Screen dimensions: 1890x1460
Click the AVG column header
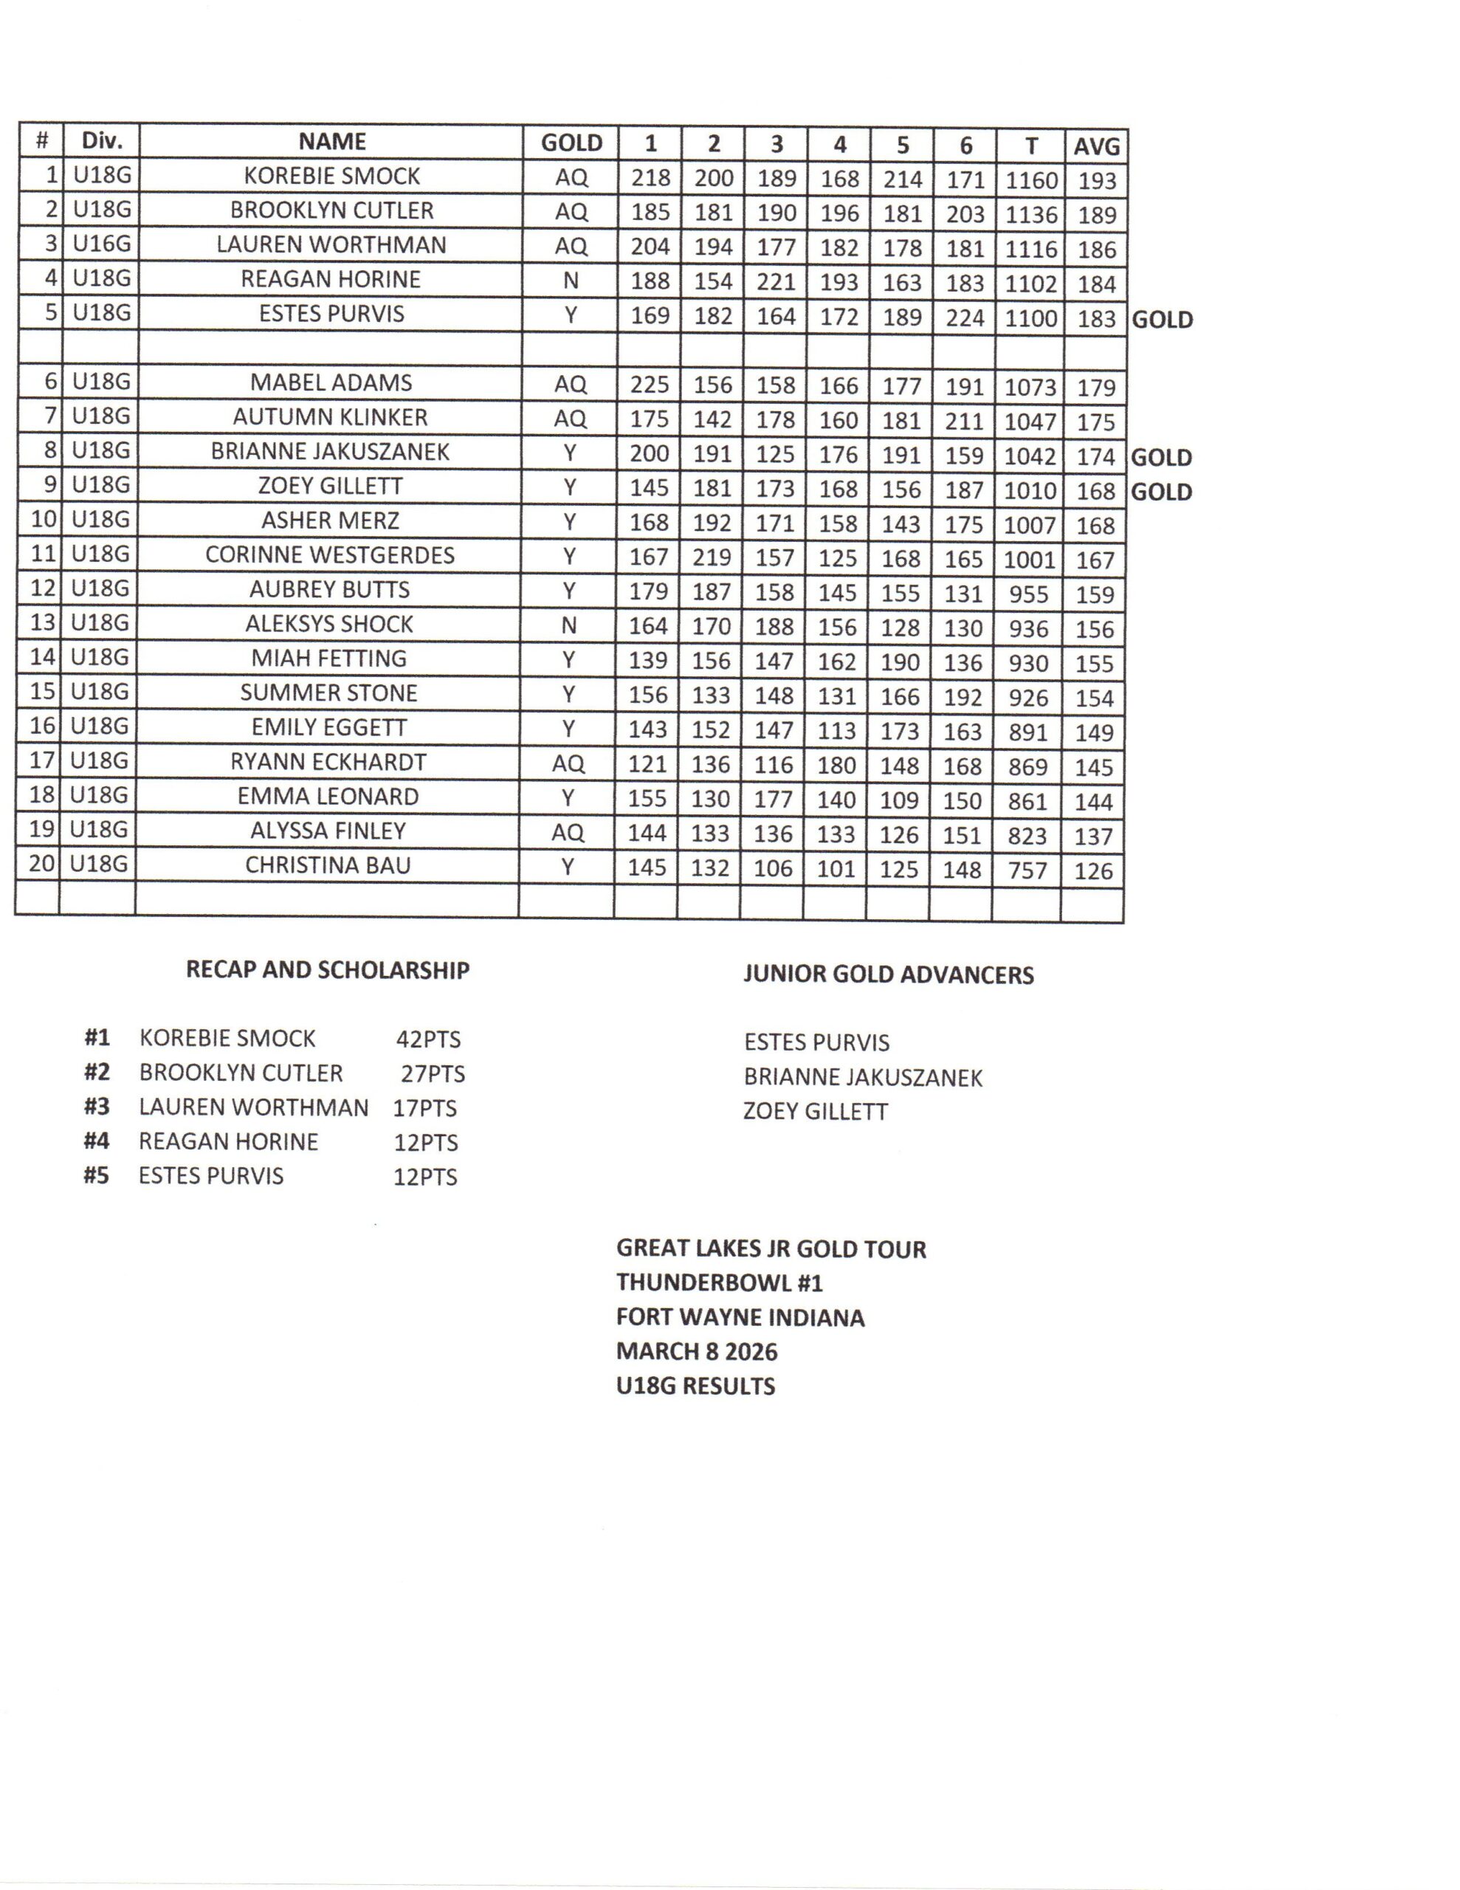1097,146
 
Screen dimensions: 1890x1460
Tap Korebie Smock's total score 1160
1030,180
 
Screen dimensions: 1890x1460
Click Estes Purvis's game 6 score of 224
965,317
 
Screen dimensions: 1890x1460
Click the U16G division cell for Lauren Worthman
101,244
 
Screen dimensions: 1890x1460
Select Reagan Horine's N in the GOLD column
571,281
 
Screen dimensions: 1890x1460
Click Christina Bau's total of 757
1027,870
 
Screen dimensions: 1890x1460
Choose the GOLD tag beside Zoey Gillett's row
1161,492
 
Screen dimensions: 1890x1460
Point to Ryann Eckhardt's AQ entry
568,763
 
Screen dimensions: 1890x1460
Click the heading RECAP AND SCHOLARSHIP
327,970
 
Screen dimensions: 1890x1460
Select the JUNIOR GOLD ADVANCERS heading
888,975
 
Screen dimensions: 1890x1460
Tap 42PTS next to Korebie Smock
428,1039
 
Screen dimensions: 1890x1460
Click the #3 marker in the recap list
97,1107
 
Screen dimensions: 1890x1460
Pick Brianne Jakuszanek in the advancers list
863,1077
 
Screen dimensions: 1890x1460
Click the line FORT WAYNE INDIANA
740,1318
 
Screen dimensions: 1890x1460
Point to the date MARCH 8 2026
697,1352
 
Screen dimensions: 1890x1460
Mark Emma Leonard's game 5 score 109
899,800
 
